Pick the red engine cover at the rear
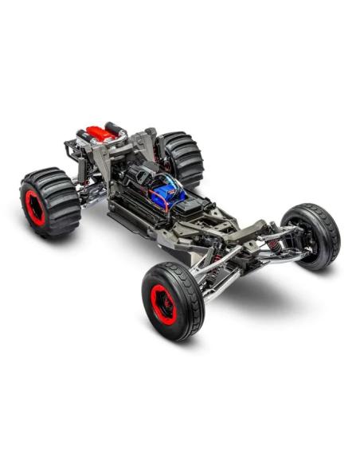100,132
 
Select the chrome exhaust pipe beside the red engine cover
115,127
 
